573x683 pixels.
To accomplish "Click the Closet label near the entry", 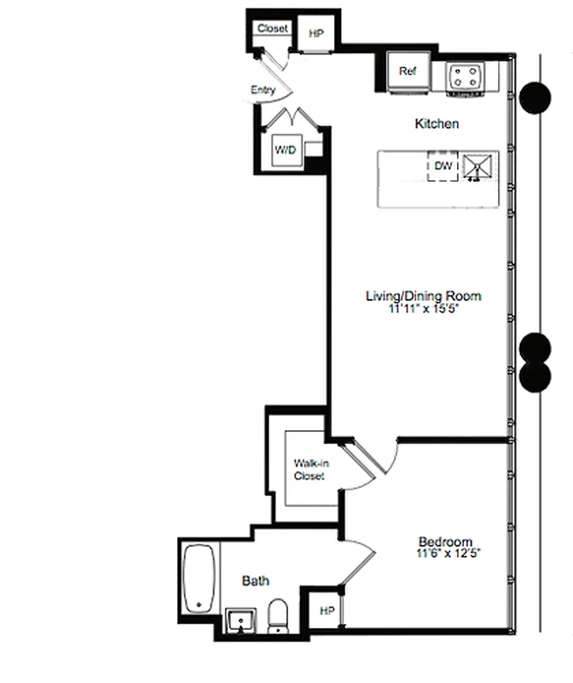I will pyautogui.click(x=273, y=28).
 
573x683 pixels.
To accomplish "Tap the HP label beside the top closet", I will pyautogui.click(x=316, y=34).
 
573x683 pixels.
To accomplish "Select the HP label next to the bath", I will pyautogui.click(x=327, y=610).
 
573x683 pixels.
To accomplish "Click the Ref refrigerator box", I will pyautogui.click(x=407, y=72).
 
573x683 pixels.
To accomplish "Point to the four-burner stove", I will pyautogui.click(x=465, y=76).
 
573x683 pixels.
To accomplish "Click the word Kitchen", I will pyautogui.click(x=437, y=124).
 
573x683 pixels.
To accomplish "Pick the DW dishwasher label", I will pyautogui.click(x=443, y=166).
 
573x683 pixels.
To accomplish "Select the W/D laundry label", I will pyautogui.click(x=285, y=150).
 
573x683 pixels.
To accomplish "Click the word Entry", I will pyautogui.click(x=263, y=90).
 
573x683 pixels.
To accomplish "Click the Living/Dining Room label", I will pyautogui.click(x=423, y=296).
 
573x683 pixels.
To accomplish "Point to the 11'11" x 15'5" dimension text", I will pyautogui.click(x=423, y=309).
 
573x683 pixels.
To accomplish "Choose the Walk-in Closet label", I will pyautogui.click(x=309, y=470).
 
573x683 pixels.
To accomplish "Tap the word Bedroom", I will pyautogui.click(x=445, y=541).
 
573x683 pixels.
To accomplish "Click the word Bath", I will pyautogui.click(x=256, y=581).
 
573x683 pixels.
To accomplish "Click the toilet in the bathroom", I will pyautogui.click(x=278, y=616).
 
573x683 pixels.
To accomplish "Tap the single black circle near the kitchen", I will pyautogui.click(x=535, y=97).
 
